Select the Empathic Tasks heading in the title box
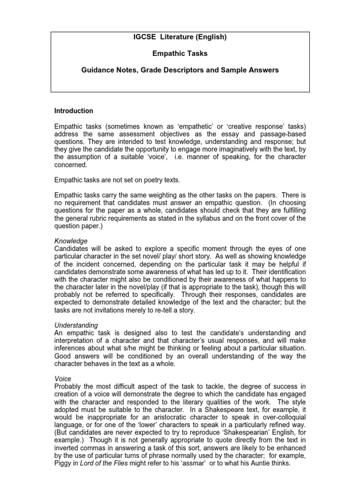coord(180,54)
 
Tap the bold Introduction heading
coord(74,111)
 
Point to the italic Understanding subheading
coord(76,325)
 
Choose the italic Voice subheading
coord(63,377)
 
